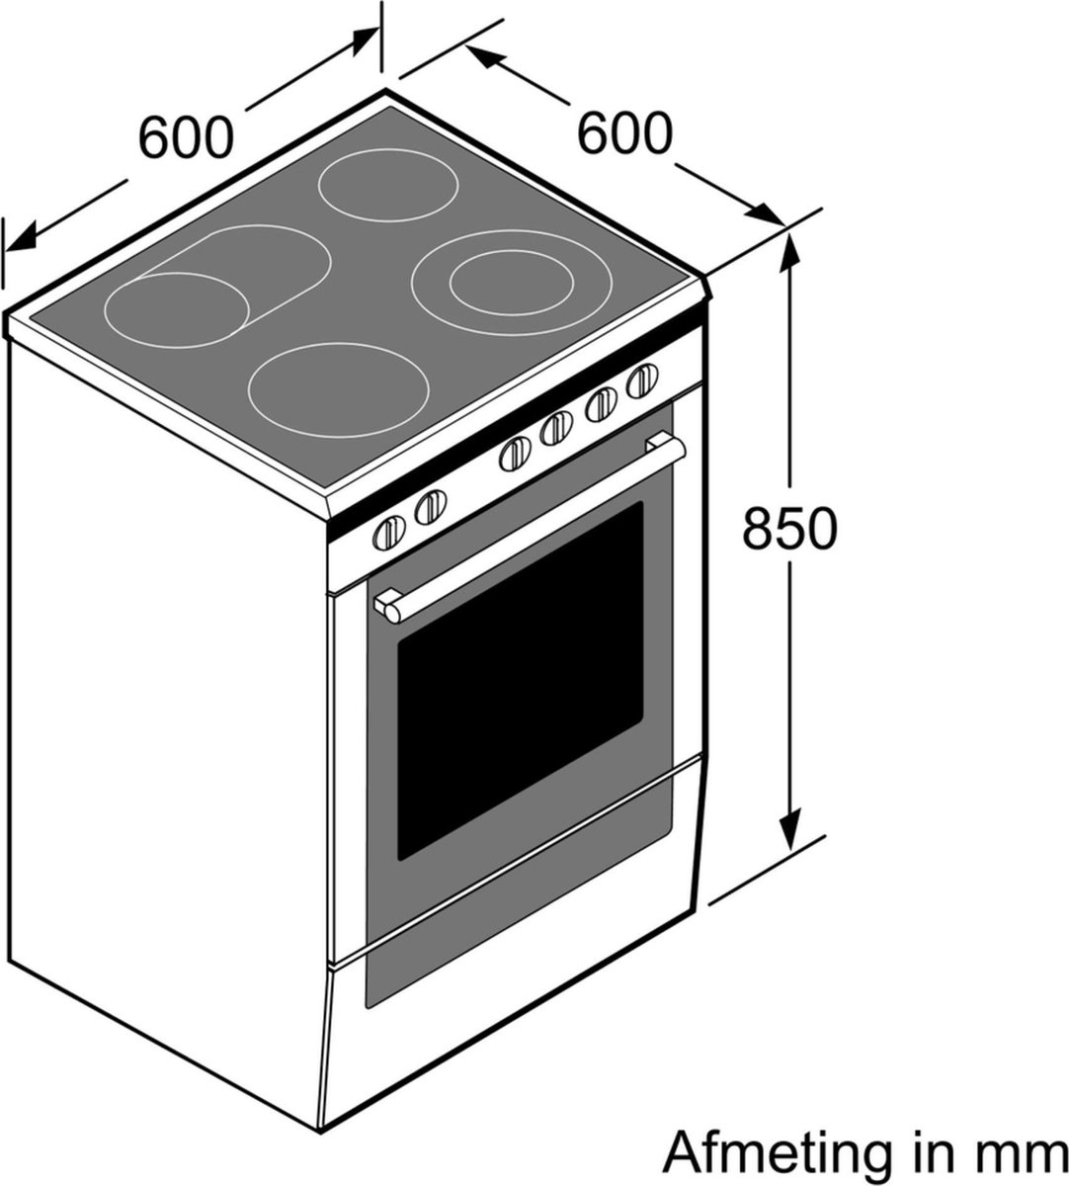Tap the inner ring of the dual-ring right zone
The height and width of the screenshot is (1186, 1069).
[x=510, y=282]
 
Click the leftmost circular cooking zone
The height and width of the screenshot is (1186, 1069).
[x=176, y=310]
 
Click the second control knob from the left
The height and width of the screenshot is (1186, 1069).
[x=431, y=507]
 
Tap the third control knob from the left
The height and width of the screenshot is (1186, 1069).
[x=516, y=455]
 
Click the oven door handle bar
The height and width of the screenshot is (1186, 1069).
[x=534, y=530]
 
